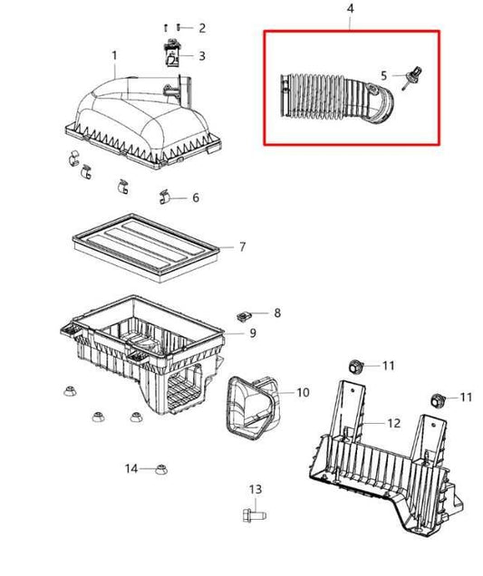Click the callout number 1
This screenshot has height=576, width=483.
tap(115, 56)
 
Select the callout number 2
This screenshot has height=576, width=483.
tap(201, 28)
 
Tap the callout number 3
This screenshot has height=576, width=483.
tap(201, 56)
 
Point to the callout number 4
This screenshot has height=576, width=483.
tap(352, 10)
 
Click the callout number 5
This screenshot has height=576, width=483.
tap(383, 75)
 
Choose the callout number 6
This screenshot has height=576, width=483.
tap(195, 197)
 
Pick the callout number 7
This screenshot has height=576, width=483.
tap(242, 245)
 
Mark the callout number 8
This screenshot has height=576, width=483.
tap(277, 313)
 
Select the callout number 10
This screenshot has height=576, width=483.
tap(303, 392)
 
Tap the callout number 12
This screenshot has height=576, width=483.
tap(393, 422)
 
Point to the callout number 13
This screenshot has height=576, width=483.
tap(255, 489)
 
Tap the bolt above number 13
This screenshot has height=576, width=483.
tap(252, 515)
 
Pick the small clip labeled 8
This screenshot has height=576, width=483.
tap(242, 316)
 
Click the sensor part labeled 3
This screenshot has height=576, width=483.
tap(170, 55)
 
